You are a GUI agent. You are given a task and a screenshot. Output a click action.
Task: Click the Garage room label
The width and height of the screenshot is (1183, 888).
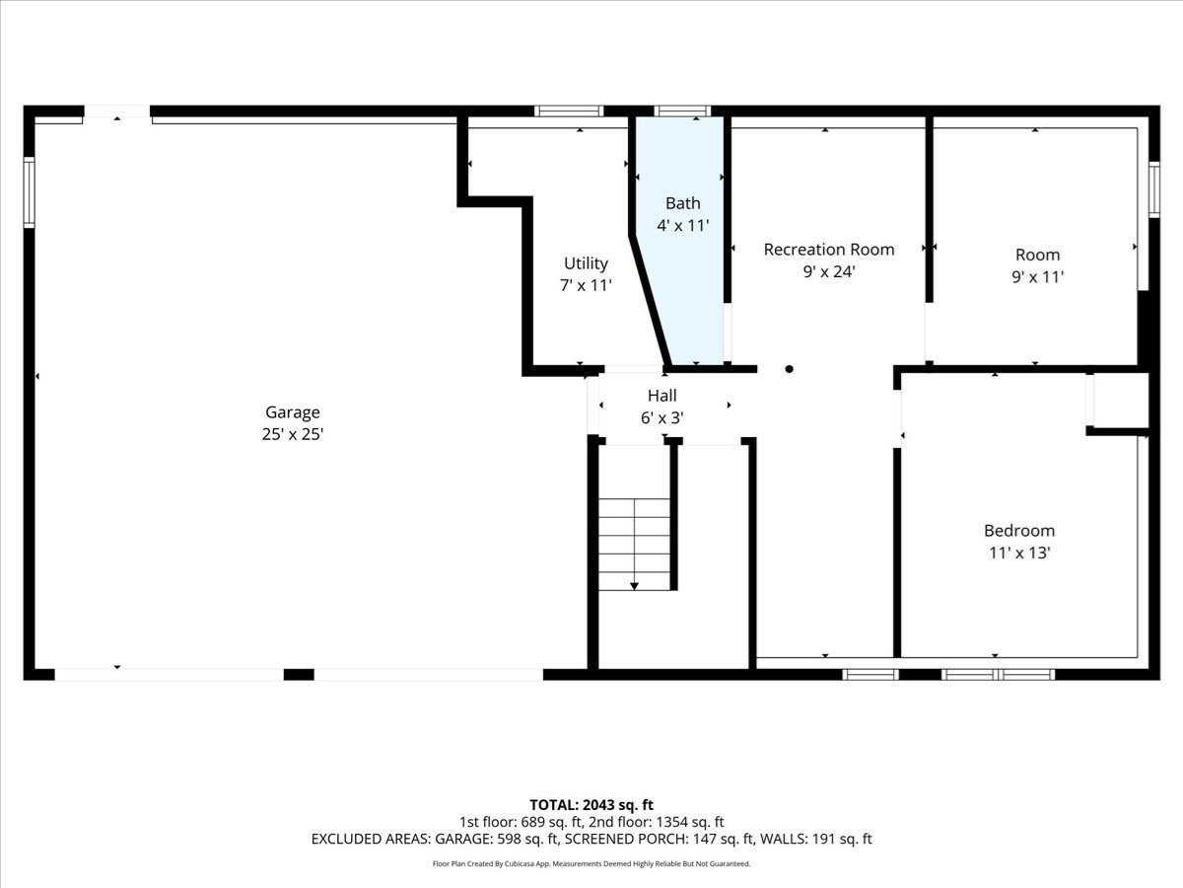[x=292, y=412]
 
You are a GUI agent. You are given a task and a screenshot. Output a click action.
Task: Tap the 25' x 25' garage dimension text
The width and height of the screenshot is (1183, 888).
[x=292, y=433]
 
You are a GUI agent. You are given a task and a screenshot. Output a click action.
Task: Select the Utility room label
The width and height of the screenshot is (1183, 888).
[x=586, y=263]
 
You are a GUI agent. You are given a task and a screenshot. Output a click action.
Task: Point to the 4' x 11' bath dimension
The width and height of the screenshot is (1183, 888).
[x=683, y=225]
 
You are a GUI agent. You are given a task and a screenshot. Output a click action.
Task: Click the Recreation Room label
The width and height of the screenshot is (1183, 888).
[x=829, y=250]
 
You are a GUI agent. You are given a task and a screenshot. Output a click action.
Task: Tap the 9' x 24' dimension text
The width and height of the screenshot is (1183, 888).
[x=829, y=271]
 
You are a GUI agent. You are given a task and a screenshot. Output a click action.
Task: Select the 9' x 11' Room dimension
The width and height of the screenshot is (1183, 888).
[x=1037, y=277]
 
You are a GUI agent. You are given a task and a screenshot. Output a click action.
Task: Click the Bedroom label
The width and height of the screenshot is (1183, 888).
[x=1019, y=531]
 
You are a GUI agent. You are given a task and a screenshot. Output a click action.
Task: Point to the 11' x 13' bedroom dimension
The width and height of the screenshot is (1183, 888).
[x=1019, y=553]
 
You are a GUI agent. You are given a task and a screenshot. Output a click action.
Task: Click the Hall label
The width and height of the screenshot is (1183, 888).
[x=662, y=396]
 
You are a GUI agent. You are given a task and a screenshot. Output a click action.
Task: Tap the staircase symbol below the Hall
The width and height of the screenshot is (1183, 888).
[x=635, y=543]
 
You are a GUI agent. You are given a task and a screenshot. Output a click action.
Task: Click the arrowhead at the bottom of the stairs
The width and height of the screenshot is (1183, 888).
[x=635, y=586]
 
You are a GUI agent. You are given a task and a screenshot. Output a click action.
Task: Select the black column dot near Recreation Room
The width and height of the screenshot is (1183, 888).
[x=789, y=369]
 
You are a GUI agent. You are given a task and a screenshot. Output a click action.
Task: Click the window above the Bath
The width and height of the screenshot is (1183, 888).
[x=682, y=111]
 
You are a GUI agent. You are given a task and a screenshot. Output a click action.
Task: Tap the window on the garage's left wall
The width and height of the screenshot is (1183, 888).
[x=30, y=192]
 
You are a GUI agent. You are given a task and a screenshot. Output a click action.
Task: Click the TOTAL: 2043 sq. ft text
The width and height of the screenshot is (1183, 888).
[x=591, y=805]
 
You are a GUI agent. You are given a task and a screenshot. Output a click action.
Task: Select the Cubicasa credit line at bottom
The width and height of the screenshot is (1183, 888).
[x=591, y=863]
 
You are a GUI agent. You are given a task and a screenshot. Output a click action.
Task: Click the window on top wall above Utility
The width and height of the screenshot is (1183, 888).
[x=569, y=111]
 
